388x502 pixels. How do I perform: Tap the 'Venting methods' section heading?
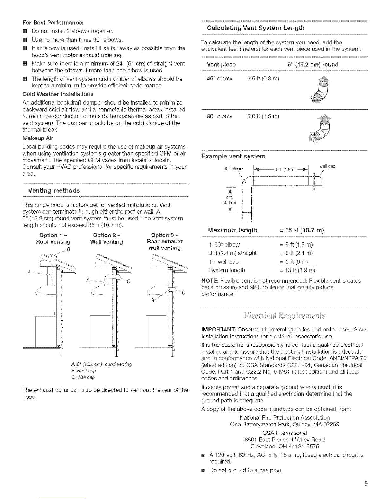[x=54, y=190]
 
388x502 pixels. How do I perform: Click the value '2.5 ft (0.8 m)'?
[x=263, y=79]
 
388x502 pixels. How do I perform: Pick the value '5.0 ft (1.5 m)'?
[x=263, y=116]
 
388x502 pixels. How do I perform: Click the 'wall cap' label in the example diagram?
[x=327, y=166]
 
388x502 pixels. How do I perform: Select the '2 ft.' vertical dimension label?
[x=227, y=198]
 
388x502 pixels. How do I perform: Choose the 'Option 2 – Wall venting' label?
[x=107, y=238]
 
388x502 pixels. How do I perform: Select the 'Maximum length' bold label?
[x=232, y=230]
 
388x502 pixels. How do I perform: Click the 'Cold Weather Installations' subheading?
[x=58, y=94]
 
